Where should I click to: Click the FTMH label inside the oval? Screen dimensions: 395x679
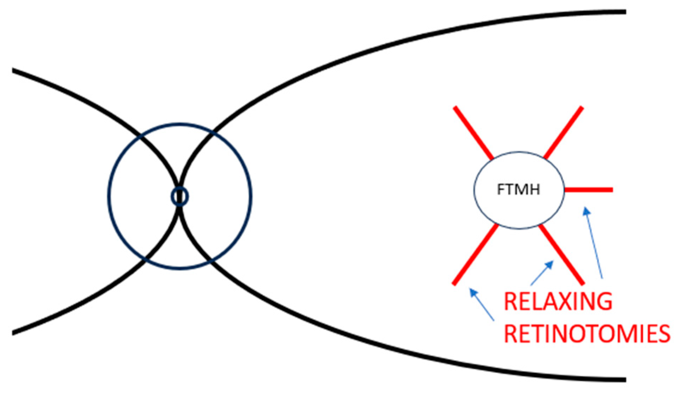point(518,190)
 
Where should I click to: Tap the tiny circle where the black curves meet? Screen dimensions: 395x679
point(179,197)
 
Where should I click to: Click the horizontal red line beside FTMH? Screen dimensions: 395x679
point(588,190)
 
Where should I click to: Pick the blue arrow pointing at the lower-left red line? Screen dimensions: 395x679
point(482,304)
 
